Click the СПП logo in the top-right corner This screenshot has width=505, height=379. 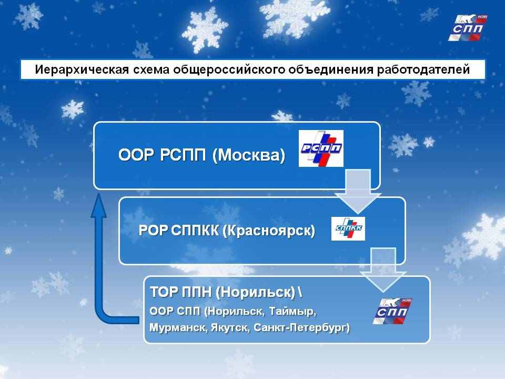click(468, 28)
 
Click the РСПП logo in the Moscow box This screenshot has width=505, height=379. click(321, 148)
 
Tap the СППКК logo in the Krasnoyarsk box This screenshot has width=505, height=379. click(348, 228)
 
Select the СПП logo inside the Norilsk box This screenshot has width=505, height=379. click(392, 311)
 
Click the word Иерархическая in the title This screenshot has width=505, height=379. click(82, 69)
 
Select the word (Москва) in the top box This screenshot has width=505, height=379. click(249, 155)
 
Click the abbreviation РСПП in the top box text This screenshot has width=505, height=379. click(183, 155)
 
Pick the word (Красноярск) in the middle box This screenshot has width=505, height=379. click(269, 231)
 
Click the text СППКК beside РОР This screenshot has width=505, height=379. click(195, 230)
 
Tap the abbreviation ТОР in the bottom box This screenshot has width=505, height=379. click(164, 292)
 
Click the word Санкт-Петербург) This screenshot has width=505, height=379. click(302, 327)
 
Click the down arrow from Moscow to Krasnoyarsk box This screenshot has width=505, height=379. click(358, 192)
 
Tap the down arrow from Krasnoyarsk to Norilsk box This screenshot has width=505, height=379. click(383, 270)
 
